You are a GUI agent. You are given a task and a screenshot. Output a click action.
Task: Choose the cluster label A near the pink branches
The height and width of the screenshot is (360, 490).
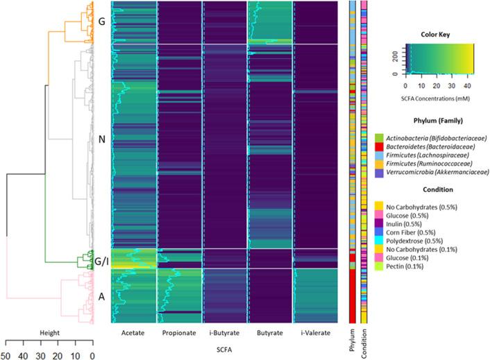pyautogui.click(x=101, y=296)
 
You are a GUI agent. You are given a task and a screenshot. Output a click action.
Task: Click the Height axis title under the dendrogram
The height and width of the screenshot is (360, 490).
pyautogui.click(x=49, y=333)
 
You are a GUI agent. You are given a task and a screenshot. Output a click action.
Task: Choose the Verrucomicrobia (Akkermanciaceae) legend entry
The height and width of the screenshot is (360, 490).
pyautogui.click(x=430, y=171)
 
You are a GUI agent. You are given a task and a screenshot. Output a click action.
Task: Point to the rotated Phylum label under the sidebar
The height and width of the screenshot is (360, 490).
pyautogui.click(x=353, y=341)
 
